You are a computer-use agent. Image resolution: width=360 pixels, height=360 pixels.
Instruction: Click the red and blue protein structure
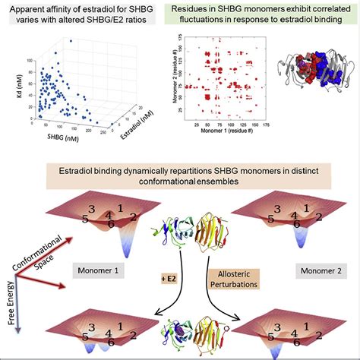308,79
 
